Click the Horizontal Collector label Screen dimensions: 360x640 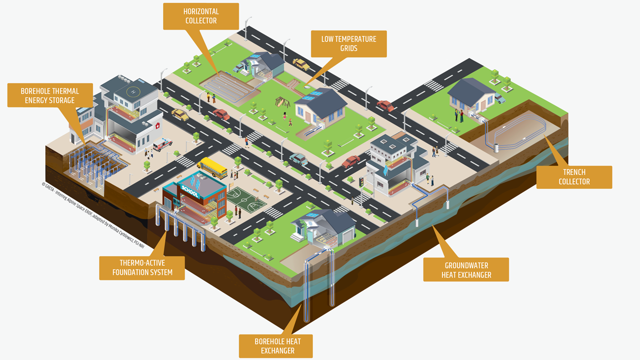pyautogui.click(x=201, y=16)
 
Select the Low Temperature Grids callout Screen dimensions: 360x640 pyautogui.click(x=348, y=43)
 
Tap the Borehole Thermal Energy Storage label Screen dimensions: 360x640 pyautogui.click(x=49, y=95)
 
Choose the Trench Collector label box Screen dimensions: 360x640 pyautogui.click(x=574, y=177)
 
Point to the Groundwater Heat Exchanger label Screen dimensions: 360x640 pyautogui.click(x=466, y=270)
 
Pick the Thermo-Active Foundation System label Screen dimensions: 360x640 pyautogui.click(x=142, y=267)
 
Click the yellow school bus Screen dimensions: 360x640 pyautogui.click(x=212, y=168)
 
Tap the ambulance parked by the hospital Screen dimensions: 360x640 pyautogui.click(x=162, y=144)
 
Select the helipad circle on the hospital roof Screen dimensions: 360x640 pyautogui.click(x=132, y=91)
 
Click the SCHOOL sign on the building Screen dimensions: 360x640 pyautogui.click(x=189, y=191)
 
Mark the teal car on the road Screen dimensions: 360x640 pyautogui.click(x=298, y=159)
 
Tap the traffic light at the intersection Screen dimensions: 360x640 pyautogui.click(x=361, y=182)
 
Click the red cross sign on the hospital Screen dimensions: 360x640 pyautogui.click(x=158, y=125)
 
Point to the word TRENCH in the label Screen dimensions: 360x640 pyautogui.click(x=574, y=172)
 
